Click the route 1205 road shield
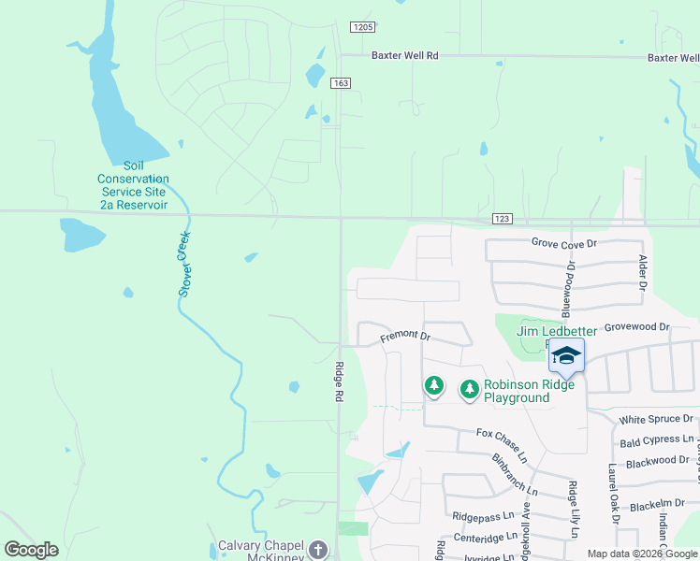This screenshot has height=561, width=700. point(363,28)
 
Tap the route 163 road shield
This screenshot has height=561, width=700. point(340,83)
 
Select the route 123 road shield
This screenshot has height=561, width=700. point(502,219)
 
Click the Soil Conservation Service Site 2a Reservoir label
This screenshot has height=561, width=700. point(133,191)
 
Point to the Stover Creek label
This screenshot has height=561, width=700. point(185,265)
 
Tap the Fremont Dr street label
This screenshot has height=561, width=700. point(404,336)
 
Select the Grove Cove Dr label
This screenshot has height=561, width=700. point(563,243)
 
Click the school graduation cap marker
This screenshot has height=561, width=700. point(566,355)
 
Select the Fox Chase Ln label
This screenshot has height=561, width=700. point(502,434)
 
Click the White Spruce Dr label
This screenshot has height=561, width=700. point(656,419)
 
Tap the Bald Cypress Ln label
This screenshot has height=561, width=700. point(657,439)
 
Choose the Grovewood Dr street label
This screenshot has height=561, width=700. point(637,327)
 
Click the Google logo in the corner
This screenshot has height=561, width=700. point(32,550)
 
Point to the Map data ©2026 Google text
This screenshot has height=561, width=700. point(641,554)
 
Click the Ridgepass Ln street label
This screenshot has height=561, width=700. point(483,515)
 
